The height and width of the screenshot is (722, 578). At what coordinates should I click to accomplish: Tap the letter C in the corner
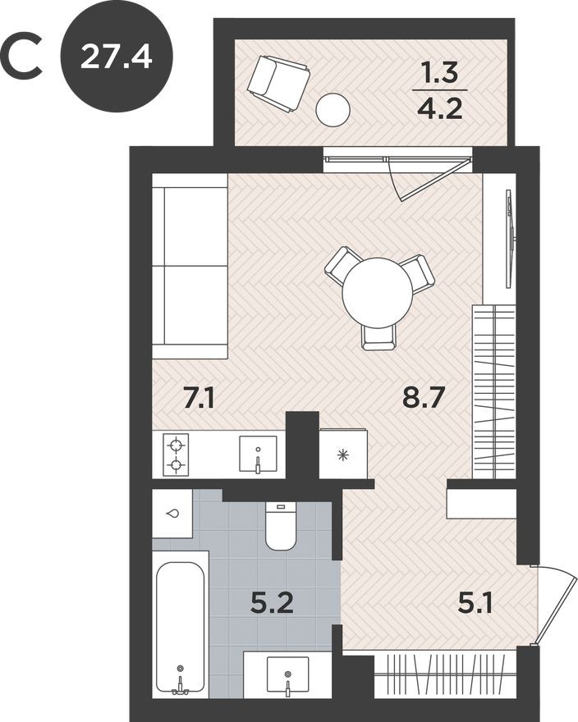(x=23, y=57)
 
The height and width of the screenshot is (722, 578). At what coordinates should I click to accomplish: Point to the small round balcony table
(x=333, y=109)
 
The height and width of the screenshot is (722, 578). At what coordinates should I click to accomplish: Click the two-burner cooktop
(x=176, y=455)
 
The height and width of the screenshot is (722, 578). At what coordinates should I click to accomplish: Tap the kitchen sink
(x=258, y=455)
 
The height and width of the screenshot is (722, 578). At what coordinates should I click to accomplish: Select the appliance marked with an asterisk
(x=342, y=455)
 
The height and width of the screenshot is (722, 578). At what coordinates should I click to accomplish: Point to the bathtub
(x=180, y=628)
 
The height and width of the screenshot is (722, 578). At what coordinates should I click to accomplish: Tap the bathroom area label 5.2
(x=272, y=605)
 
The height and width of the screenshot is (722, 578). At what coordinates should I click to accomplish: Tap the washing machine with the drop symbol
(x=172, y=514)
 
